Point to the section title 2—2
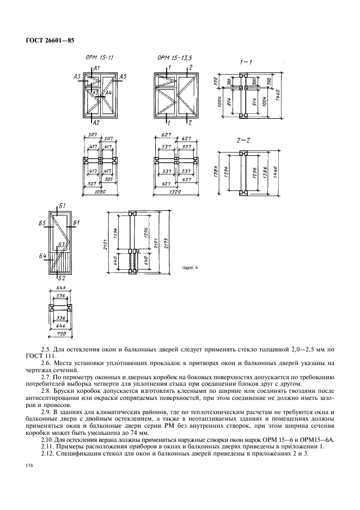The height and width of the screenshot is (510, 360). (x=243, y=141)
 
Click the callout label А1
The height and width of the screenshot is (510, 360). (x=96, y=68)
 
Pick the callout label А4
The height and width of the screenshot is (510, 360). (x=108, y=94)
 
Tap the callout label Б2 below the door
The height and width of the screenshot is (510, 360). (x=62, y=279)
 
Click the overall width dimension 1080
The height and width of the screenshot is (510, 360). (x=99, y=192)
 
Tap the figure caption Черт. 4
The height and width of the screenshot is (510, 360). (x=188, y=268)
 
